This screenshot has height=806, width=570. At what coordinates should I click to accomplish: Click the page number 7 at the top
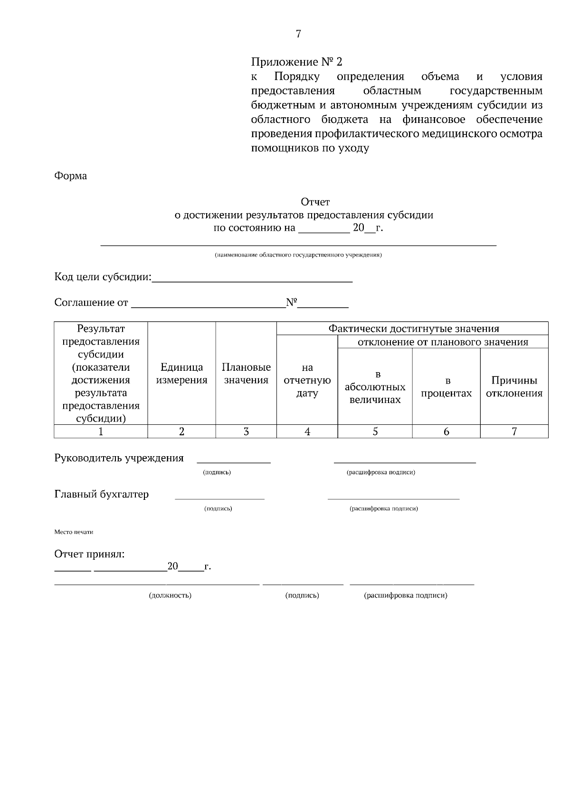click(x=298, y=34)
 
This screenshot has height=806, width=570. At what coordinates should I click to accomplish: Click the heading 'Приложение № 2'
click(x=296, y=62)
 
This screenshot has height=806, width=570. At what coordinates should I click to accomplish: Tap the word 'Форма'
click(x=71, y=176)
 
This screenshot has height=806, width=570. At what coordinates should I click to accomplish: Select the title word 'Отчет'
click(x=315, y=203)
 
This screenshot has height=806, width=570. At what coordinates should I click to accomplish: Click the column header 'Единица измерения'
click(x=181, y=374)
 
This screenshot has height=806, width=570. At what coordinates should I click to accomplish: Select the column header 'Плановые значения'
click(x=246, y=374)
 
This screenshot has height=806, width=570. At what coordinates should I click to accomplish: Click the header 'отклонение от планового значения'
click(x=443, y=342)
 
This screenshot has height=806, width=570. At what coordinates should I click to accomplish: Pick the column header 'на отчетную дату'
click(x=307, y=380)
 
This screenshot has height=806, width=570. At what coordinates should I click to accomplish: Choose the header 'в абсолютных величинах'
click(x=375, y=387)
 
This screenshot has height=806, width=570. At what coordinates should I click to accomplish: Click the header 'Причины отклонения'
click(x=514, y=386)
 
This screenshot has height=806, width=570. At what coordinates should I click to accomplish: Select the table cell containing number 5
click(x=375, y=431)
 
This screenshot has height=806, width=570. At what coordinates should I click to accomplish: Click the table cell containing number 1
click(x=101, y=431)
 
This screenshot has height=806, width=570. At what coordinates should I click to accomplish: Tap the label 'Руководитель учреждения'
click(x=119, y=458)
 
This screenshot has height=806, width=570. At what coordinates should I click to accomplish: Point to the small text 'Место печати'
click(x=74, y=532)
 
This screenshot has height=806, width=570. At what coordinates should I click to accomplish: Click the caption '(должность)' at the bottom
click(x=170, y=595)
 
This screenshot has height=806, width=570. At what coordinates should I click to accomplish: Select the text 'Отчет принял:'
click(x=90, y=554)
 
